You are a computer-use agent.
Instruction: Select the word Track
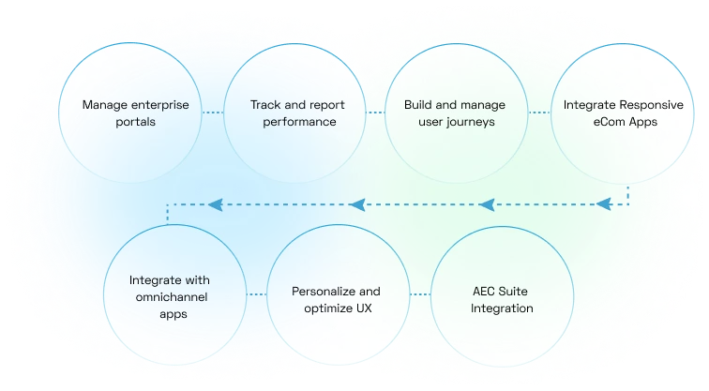[x=266, y=105]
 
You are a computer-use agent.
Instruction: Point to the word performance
[x=293, y=122]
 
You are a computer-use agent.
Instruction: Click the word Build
[x=418, y=105]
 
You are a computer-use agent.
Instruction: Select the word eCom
[x=604, y=122]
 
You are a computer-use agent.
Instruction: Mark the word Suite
[x=512, y=292]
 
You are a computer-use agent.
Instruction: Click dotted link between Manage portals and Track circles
[x=213, y=113]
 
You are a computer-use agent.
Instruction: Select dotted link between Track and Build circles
[x=375, y=113]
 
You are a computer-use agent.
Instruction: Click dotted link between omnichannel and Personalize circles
[x=254, y=296]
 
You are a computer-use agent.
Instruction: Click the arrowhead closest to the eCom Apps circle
[x=606, y=203]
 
